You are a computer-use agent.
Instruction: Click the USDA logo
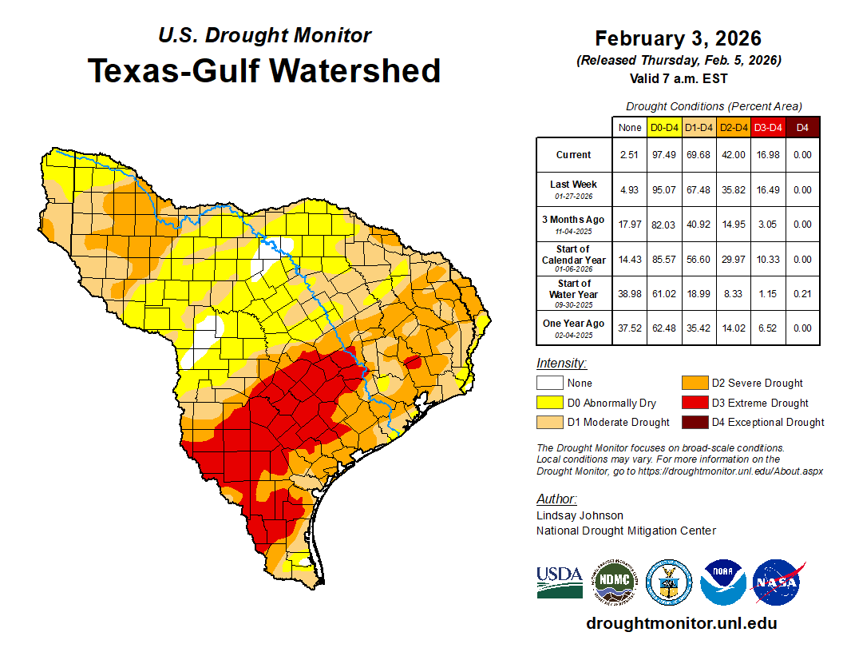pyautogui.click(x=560, y=582)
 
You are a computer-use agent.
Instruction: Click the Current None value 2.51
pyautogui.click(x=630, y=155)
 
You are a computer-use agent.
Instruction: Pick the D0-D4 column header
pyautogui.click(x=664, y=127)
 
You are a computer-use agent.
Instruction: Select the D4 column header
pyautogui.click(x=802, y=127)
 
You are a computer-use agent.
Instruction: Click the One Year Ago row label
pyautogui.click(x=574, y=324)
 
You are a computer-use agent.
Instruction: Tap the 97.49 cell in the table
pyautogui.click(x=664, y=155)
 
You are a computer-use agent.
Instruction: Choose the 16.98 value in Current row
pyautogui.click(x=769, y=155)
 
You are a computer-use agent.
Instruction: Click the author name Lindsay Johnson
pyautogui.click(x=580, y=515)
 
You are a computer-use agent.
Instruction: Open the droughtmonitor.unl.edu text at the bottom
pyautogui.click(x=681, y=623)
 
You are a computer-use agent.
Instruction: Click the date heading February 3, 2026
pyautogui.click(x=678, y=38)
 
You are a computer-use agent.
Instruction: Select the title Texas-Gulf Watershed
pyautogui.click(x=264, y=71)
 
